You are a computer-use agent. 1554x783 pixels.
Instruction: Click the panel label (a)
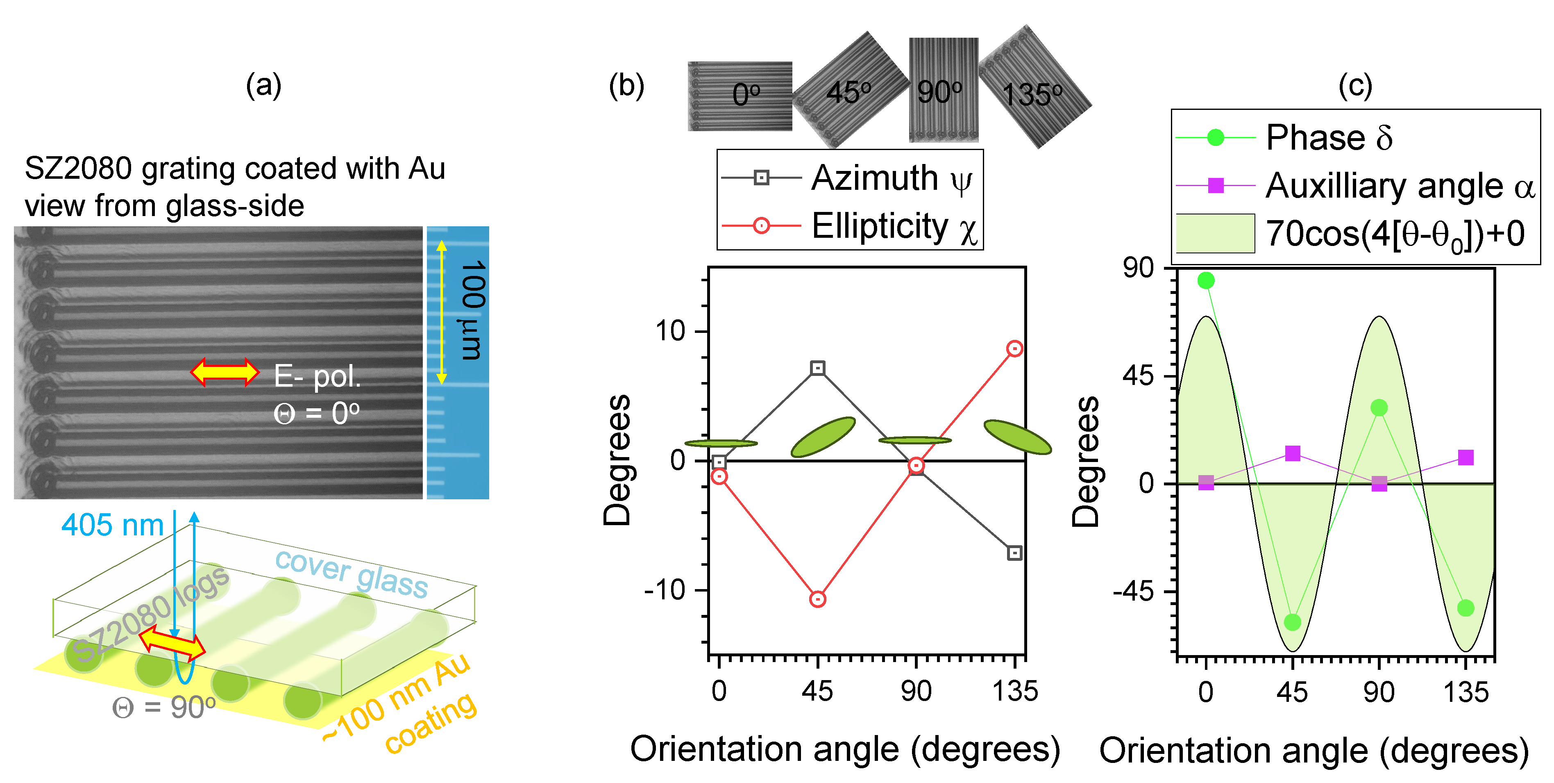263,85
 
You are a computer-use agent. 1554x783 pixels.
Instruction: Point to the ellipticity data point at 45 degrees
817,599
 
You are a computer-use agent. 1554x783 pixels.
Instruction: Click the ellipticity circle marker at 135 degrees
1015,348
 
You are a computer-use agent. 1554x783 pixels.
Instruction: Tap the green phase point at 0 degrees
1206,280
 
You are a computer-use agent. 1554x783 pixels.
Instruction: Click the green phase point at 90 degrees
1379,408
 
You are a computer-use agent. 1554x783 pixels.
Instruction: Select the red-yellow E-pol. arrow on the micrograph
225,372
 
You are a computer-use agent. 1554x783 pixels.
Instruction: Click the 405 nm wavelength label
113,525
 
